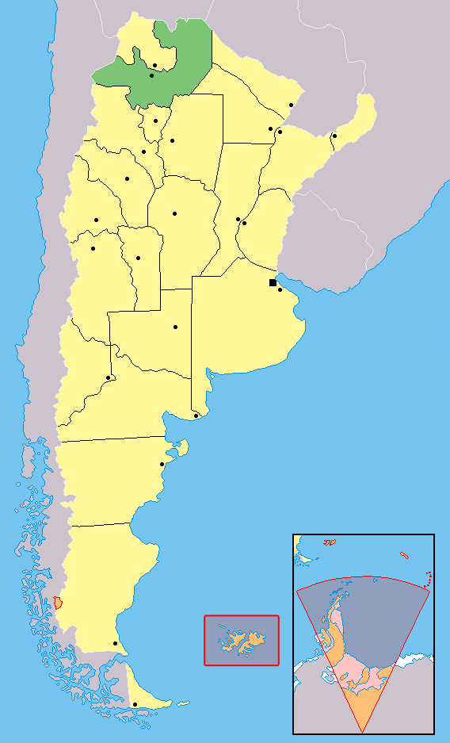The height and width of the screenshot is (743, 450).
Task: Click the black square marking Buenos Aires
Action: [273, 282]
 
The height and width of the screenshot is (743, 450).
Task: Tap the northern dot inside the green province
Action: [155, 65]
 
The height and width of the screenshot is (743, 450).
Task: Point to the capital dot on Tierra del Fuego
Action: [135, 704]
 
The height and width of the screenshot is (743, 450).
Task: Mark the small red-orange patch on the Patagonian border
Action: [58, 602]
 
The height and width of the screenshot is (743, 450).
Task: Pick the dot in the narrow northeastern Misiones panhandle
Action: [334, 136]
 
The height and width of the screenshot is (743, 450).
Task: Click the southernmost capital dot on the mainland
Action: [116, 643]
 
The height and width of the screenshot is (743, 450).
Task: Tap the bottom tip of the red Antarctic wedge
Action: [364, 730]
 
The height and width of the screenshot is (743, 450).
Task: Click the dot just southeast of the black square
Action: [280, 289]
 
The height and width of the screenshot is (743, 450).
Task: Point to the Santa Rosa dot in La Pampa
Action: [175, 327]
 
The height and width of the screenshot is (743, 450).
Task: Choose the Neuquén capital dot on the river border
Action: [108, 377]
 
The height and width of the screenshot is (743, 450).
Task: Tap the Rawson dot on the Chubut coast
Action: [162, 465]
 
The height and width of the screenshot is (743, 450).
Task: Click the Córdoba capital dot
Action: [174, 213]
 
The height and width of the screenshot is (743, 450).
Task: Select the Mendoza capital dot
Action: [93, 249]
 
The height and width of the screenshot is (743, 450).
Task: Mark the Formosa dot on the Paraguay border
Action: [292, 105]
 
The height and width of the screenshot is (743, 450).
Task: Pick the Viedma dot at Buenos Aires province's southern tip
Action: [196, 416]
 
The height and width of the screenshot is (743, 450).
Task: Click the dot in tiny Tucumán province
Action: [155, 121]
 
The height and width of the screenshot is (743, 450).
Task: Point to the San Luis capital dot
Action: [138, 258]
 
